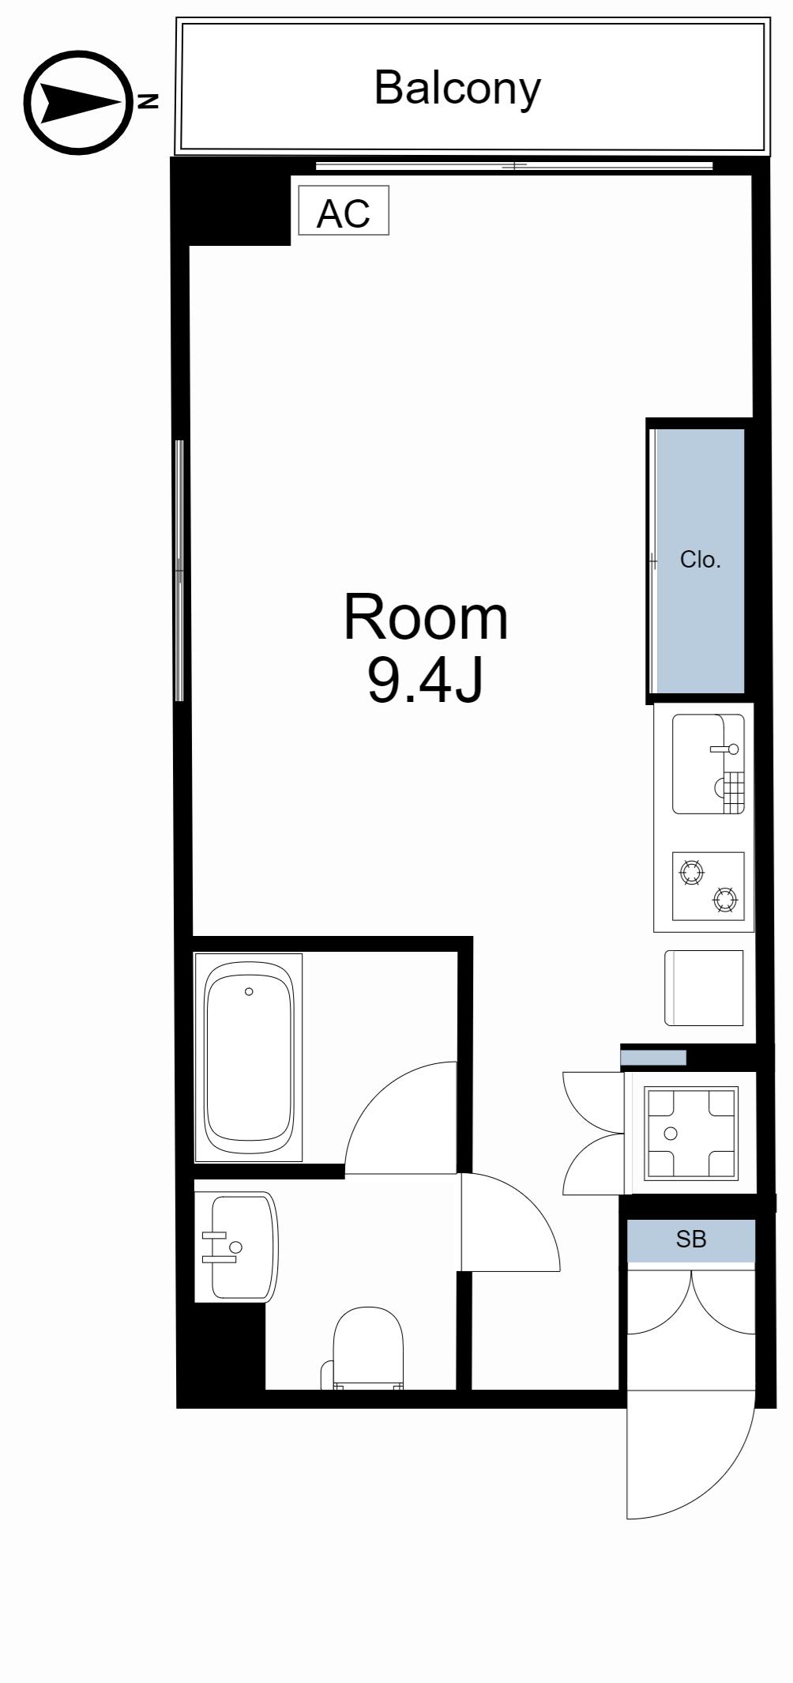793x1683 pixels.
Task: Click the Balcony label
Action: pos(457,88)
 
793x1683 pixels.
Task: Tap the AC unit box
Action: pos(344,210)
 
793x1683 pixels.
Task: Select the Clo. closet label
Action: pos(701,560)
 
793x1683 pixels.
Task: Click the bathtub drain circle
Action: pos(249,991)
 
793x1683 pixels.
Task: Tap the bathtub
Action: pos(249,1058)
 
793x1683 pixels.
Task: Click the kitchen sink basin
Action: pos(708,764)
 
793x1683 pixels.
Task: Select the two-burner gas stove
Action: pos(708,886)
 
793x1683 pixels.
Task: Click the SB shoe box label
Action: pos(691,1240)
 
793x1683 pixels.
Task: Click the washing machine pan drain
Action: pos(671,1134)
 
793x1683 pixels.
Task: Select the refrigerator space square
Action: pos(704,988)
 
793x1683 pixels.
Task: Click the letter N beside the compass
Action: pos(148,101)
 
